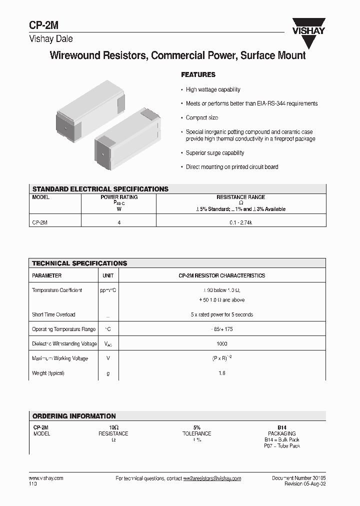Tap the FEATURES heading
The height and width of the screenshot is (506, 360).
pos(198,75)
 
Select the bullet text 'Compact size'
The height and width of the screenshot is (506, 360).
pos(202,117)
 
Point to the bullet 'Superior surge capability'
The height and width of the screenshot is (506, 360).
pos(215,153)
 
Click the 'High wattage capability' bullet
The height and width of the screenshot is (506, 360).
pos(213,89)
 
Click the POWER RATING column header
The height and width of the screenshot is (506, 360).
pos(119,197)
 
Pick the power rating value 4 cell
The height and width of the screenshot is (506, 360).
pos(119,221)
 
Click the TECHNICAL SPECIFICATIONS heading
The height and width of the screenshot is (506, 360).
pos(79,263)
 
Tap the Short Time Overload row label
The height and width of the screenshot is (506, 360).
pos(53,314)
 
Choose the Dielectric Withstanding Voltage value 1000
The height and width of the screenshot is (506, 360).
pos(222,344)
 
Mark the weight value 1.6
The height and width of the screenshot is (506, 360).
pos(222,373)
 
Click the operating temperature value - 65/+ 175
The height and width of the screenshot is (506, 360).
pos(222,329)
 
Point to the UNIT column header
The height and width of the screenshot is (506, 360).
pos(108,275)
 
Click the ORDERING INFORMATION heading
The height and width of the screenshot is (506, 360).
pos(74,416)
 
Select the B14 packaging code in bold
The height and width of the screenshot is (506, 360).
pos(282,427)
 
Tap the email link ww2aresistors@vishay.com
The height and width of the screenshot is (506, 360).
pos(212,478)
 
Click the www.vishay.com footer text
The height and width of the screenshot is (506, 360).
pos(46,478)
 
